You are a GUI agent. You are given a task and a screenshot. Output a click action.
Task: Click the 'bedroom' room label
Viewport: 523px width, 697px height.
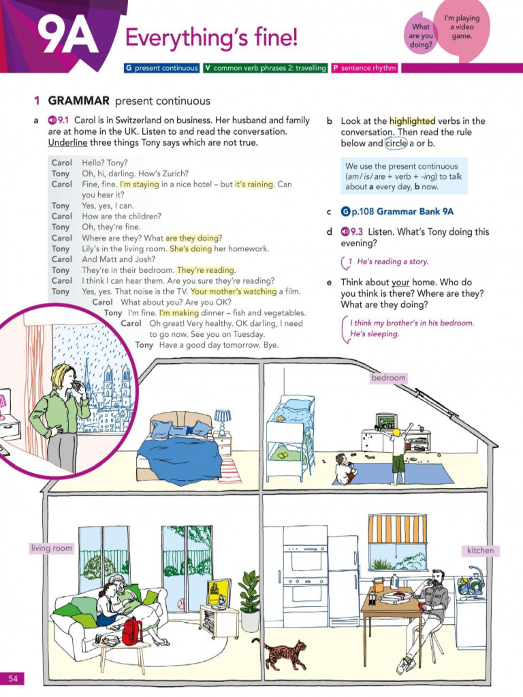click(389, 378)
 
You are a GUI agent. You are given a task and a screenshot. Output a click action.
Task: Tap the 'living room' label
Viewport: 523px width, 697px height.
click(51, 548)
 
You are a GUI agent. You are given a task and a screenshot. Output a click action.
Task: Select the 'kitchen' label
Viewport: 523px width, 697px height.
click(480, 550)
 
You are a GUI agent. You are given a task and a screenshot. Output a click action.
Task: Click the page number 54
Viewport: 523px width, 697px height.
click(12, 679)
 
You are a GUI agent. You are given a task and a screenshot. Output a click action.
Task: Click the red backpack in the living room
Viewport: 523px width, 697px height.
click(132, 631)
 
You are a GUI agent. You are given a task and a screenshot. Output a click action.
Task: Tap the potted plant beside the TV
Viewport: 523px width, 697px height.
click(249, 602)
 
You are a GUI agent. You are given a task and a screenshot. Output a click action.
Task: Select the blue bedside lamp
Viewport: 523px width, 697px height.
click(223, 421)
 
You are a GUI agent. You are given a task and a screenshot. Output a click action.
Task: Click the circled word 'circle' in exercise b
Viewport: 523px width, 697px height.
click(396, 143)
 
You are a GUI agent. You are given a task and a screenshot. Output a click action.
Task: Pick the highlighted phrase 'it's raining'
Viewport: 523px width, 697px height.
click(254, 184)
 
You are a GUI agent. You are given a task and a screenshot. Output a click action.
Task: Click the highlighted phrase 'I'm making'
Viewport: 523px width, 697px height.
click(179, 312)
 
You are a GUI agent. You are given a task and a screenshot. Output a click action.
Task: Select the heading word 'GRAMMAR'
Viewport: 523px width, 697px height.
click(79, 101)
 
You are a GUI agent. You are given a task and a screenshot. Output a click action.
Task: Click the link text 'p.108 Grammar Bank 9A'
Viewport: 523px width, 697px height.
click(402, 212)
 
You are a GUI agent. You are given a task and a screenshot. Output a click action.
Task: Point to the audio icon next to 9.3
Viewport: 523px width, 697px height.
click(345, 231)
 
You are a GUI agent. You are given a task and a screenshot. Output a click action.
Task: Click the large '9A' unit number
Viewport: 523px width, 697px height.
click(69, 37)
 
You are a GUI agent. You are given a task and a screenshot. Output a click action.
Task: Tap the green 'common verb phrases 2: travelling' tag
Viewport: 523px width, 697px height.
click(266, 68)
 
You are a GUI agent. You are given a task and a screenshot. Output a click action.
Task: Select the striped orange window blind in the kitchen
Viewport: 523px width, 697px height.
click(398, 529)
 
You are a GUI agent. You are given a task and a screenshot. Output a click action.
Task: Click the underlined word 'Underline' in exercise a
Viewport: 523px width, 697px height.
click(67, 143)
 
